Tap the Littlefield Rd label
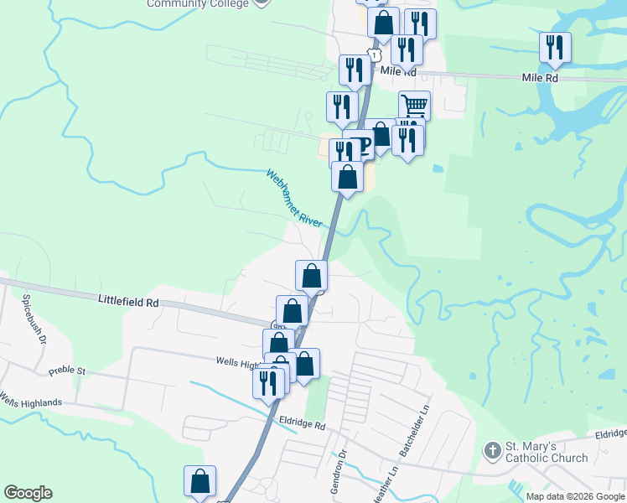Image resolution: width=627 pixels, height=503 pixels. (127, 300)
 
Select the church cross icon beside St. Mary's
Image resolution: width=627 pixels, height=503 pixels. (493, 451)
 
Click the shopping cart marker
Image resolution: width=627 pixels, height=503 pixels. (414, 106)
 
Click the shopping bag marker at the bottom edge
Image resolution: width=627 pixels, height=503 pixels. (199, 481)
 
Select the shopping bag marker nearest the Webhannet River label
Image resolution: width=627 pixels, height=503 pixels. (347, 177)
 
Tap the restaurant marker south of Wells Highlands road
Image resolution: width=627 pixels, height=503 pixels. (268, 381)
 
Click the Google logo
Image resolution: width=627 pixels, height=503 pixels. (28, 493)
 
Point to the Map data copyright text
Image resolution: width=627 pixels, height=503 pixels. (575, 496)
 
